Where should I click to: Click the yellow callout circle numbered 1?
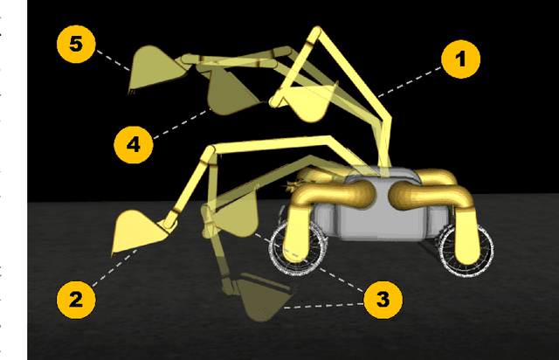(x=460, y=59)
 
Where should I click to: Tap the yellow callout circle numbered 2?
(x=76, y=299)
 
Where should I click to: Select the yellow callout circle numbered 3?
(x=383, y=300)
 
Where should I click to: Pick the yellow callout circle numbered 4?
(x=134, y=144)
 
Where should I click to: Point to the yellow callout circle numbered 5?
(x=76, y=45)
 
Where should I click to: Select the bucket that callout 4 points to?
(x=230, y=92)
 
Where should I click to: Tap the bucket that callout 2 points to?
(x=137, y=232)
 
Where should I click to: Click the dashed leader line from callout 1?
(x=410, y=82)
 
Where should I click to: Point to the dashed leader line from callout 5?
(x=114, y=60)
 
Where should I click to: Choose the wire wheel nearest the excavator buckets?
(x=298, y=248)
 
